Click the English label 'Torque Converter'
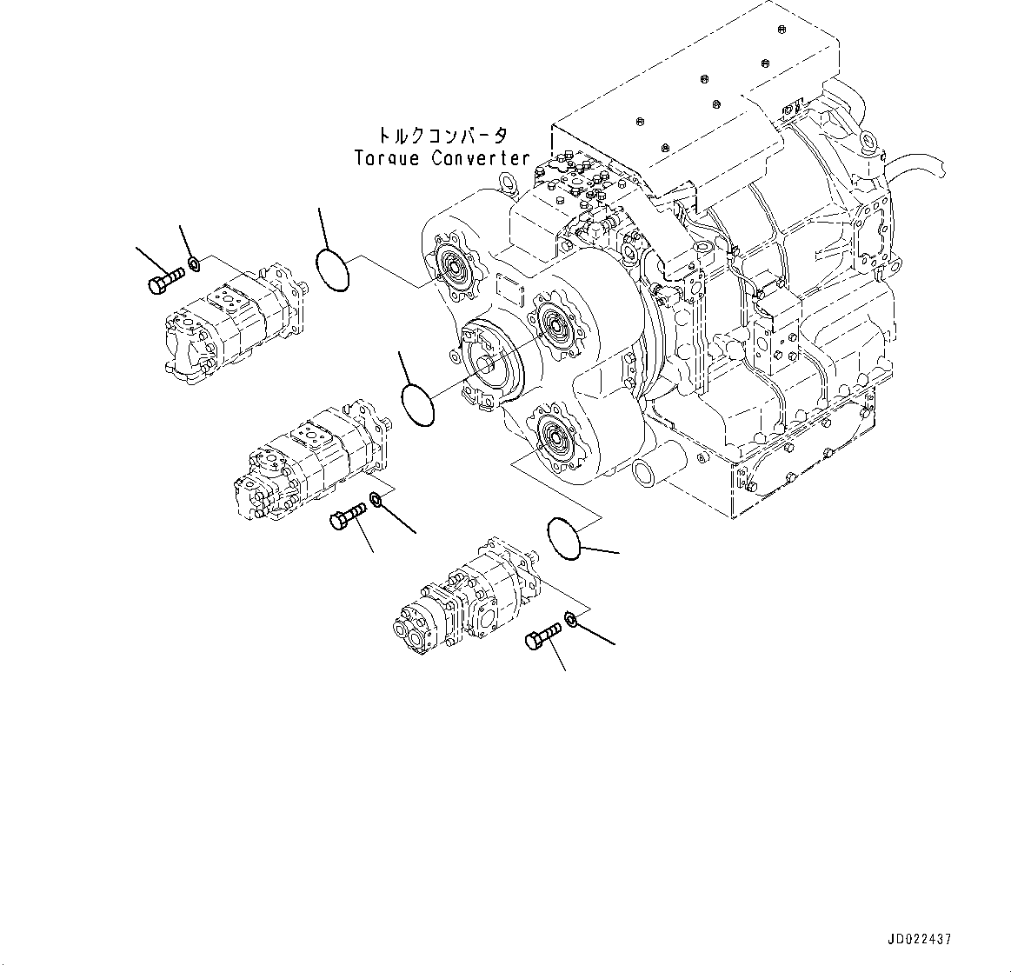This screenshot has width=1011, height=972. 442,158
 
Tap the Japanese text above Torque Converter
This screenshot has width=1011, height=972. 442,136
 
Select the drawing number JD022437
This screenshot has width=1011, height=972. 920,940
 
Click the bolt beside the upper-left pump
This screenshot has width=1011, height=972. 166,281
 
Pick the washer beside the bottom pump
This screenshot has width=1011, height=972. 571,619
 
